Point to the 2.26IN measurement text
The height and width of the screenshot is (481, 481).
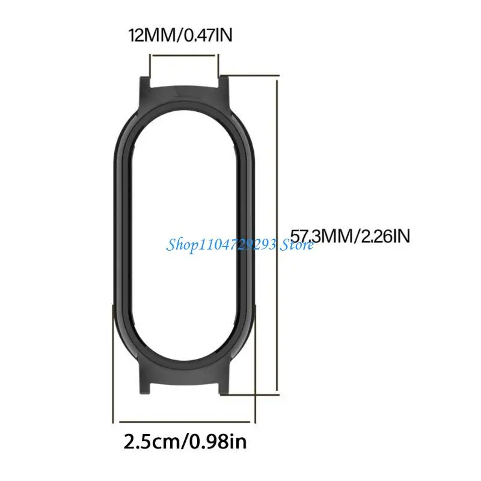385,236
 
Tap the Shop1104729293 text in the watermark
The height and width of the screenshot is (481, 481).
220,244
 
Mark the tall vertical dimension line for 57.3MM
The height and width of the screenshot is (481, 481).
277,236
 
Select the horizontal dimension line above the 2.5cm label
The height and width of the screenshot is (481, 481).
184,421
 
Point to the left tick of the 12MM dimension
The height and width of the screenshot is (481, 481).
150,63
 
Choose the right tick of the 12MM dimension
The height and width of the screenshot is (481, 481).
218,63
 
